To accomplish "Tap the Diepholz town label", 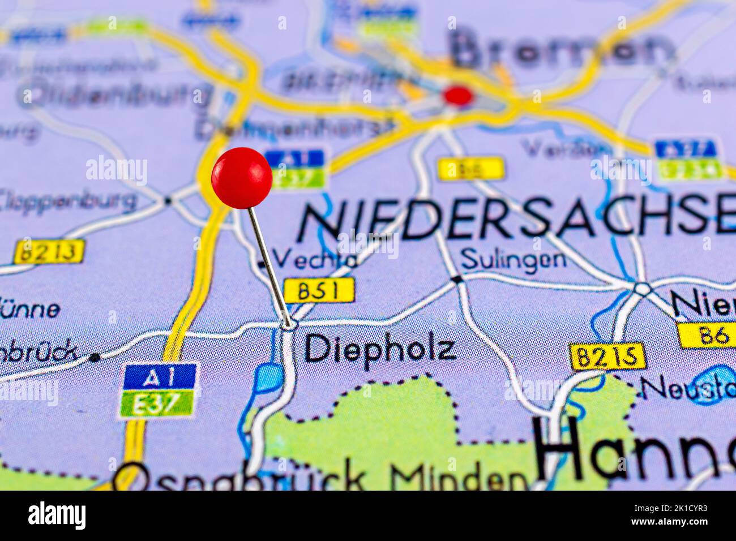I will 380,349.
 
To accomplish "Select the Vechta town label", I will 317,259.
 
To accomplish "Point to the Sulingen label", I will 513,259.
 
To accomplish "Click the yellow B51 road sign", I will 319,290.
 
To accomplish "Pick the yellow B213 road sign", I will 49,251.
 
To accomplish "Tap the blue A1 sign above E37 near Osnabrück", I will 160,375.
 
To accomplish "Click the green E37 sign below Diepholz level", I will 158,403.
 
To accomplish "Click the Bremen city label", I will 560,50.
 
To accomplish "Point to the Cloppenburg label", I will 68,200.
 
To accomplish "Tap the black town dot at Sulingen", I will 457,279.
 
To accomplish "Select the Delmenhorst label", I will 294,128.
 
